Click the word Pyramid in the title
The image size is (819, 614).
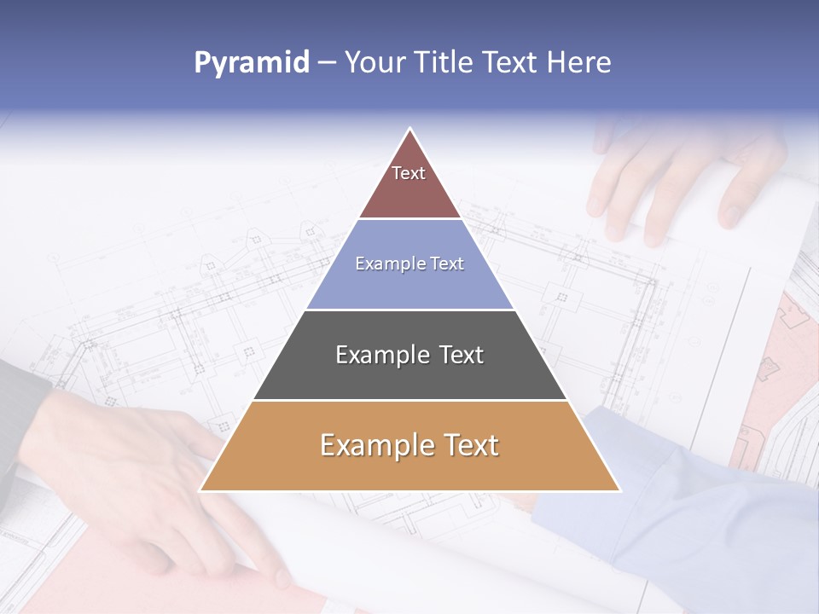(x=252, y=63)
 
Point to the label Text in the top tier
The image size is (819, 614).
(x=409, y=173)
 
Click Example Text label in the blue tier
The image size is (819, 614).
(x=409, y=264)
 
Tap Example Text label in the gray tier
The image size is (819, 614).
(x=409, y=355)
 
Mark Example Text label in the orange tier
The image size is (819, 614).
(x=409, y=445)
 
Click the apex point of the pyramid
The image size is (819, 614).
(x=410, y=129)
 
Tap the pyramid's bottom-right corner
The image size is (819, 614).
(x=619, y=490)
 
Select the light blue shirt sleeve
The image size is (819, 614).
(x=682, y=503)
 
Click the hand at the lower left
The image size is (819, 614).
(x=136, y=478)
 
